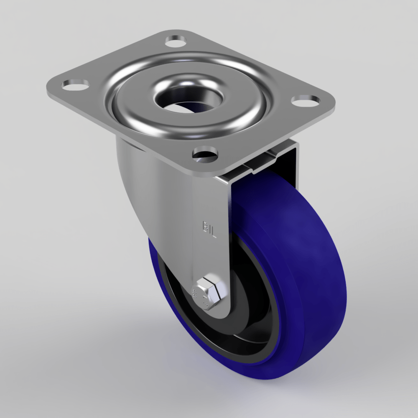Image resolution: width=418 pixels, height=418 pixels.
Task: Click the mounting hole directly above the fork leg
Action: click(x=205, y=153)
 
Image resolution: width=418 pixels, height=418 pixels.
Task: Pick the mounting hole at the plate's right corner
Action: click(x=305, y=100)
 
